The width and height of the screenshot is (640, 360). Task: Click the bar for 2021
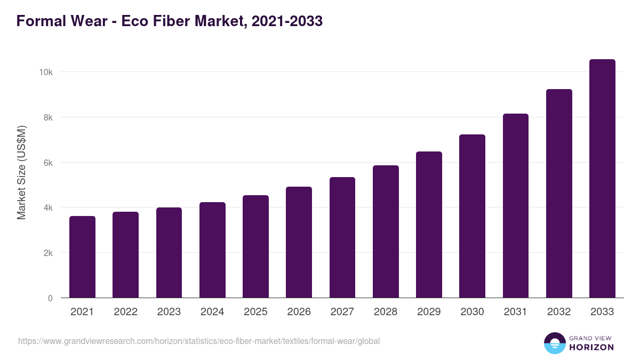pos(82,257)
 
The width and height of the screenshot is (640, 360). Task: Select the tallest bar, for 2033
pos(602,179)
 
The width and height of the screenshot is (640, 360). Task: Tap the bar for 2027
pos(342,237)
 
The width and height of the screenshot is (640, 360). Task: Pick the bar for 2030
pos(472,216)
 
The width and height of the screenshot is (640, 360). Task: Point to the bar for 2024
pos(212,250)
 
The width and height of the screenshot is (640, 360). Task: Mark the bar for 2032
pos(559,194)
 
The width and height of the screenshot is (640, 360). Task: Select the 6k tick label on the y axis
pos(48,163)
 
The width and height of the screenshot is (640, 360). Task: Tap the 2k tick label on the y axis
pos(48,253)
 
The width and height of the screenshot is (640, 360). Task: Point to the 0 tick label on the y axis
pos(50,298)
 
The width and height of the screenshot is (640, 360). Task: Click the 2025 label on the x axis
pos(255,312)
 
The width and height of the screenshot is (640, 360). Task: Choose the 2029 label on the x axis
pos(429,312)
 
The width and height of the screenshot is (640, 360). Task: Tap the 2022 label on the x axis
pos(125,312)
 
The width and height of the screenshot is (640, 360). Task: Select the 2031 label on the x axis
pos(516,312)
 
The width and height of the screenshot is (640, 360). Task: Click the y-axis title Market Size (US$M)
pos(21,172)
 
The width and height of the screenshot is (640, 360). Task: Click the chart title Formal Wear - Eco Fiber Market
pos(170,21)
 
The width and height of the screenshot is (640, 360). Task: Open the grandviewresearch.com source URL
pos(199,341)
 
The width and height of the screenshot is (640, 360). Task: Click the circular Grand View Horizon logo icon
pos(555,343)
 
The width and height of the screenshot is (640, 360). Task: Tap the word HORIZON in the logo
pos(591,347)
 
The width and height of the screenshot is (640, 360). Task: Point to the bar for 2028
pos(386,231)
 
